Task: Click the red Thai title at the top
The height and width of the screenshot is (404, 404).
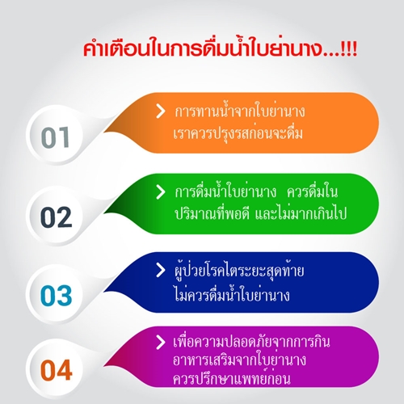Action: pos(220,48)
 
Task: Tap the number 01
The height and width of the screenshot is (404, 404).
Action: pos(56,137)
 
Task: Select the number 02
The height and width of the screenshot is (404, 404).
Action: pos(56,217)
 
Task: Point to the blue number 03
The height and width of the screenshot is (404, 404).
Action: pos(56,295)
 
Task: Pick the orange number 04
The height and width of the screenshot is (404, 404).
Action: pos(56,369)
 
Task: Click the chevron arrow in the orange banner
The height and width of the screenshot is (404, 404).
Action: pos(160,112)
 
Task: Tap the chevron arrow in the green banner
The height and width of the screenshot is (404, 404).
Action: pos(160,192)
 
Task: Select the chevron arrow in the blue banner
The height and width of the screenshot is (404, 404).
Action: pos(160,270)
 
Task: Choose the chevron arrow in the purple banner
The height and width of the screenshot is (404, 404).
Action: pos(160,342)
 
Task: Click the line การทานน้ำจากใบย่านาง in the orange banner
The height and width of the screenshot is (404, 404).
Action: pos(240,111)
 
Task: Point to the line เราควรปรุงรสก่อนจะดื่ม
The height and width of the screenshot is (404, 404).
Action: pos(238,133)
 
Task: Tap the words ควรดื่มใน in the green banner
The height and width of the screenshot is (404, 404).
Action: pos(313,191)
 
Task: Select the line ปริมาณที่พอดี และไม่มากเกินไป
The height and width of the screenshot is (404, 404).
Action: pos(260,213)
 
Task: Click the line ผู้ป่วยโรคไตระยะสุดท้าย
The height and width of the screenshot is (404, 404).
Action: pos(239,271)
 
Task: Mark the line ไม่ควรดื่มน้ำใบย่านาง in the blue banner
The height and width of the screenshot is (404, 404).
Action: pos(232,294)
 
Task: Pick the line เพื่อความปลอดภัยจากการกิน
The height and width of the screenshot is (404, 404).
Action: pos(251,342)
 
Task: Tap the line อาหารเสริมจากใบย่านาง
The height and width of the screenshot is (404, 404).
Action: pos(239,360)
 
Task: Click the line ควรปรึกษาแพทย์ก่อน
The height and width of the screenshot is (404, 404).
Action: pos(232,378)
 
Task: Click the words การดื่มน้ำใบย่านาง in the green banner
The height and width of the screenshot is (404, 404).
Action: pos(225,191)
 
